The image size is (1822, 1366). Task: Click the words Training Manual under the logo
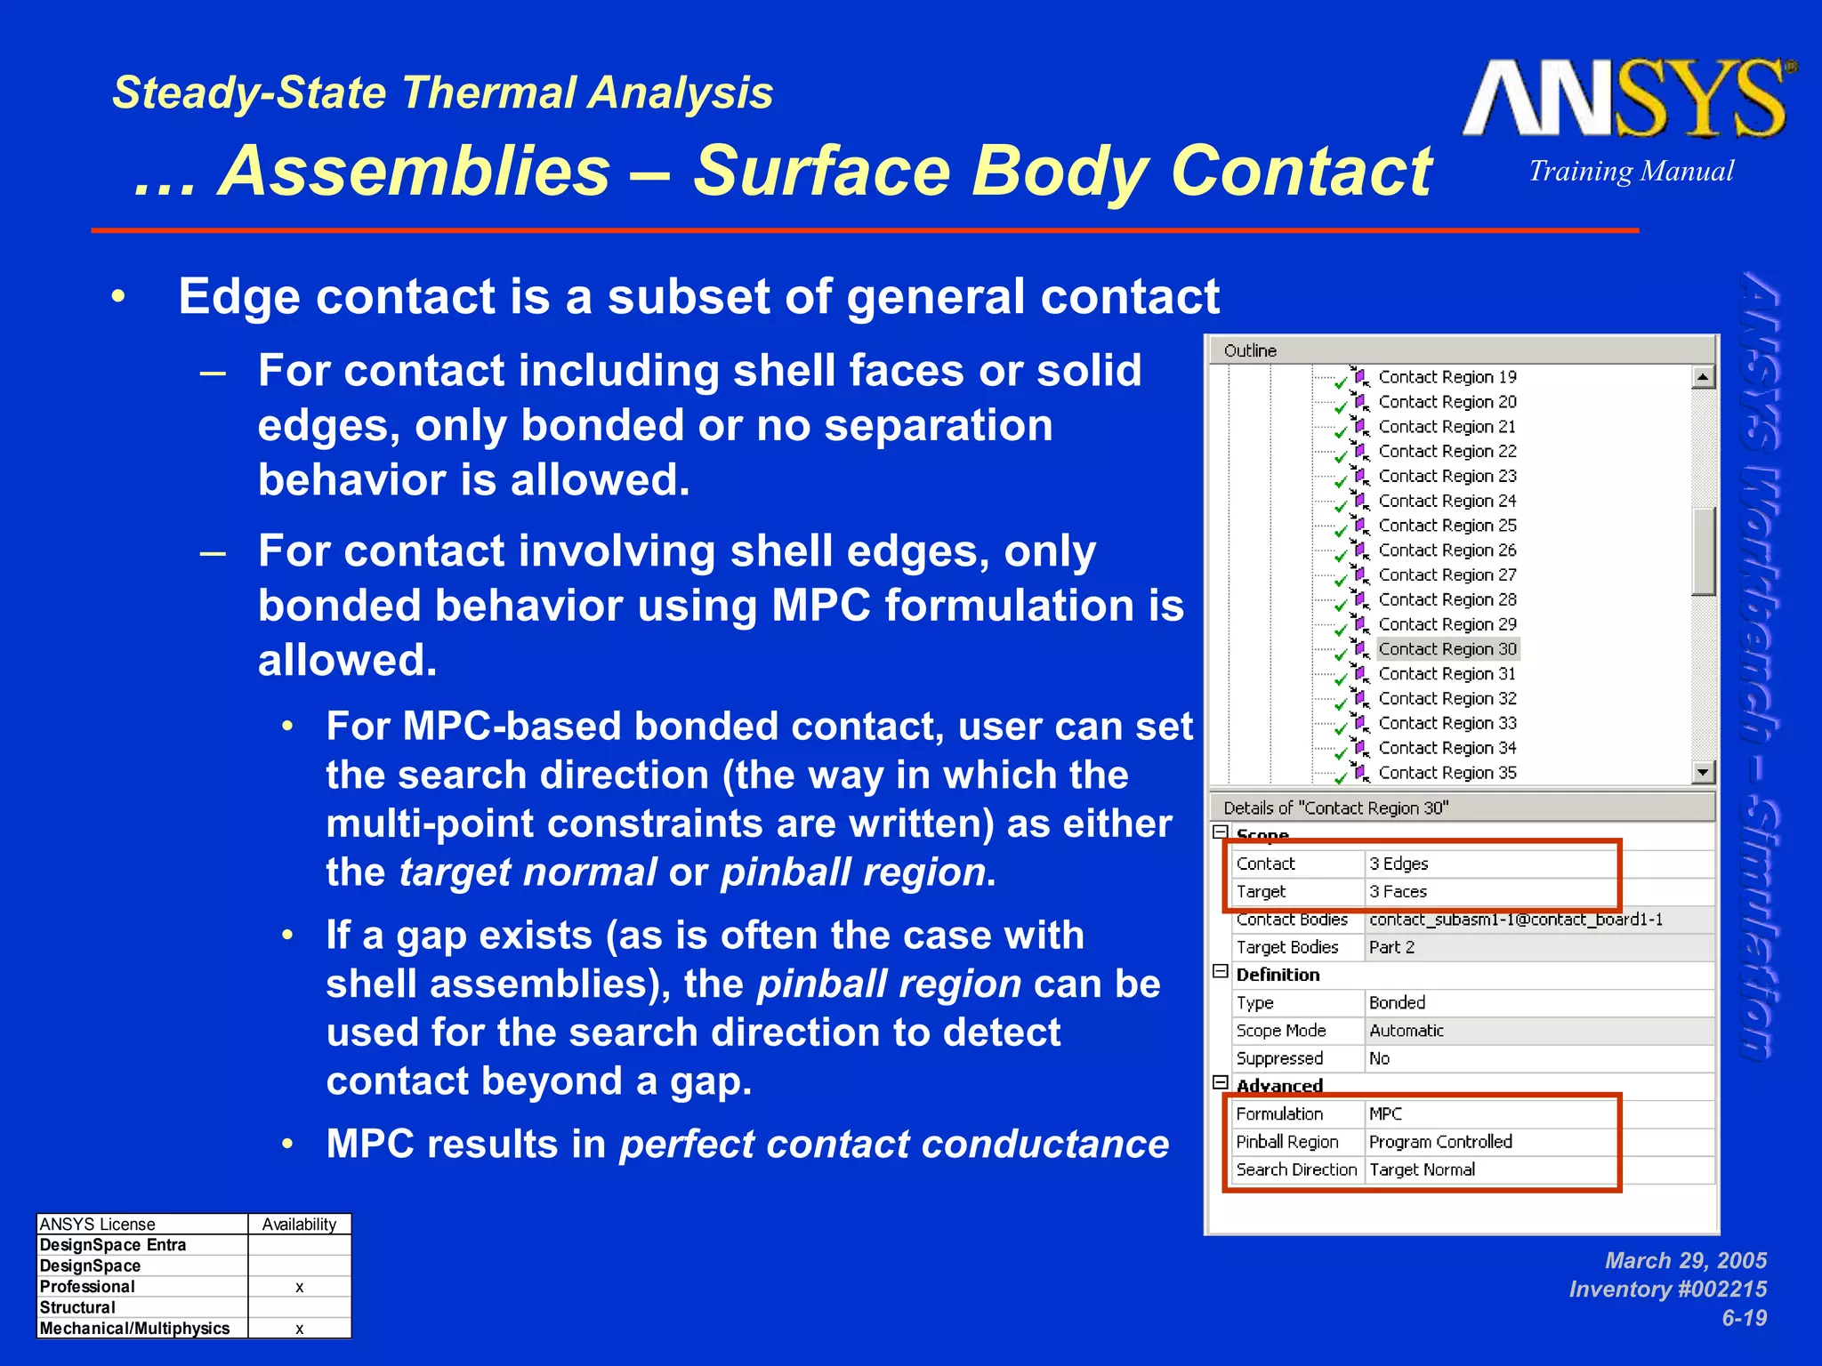point(1631,171)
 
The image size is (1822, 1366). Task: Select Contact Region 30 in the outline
point(1447,649)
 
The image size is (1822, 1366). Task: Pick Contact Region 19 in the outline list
point(1447,377)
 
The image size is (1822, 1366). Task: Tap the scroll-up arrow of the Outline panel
point(1703,377)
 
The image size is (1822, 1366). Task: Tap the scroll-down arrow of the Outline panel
point(1703,772)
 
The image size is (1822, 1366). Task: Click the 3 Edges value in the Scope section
point(1399,864)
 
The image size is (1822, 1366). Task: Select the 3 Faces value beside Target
point(1398,891)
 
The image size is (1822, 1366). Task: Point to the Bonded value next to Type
point(1397,1002)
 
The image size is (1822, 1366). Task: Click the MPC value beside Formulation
point(1385,1113)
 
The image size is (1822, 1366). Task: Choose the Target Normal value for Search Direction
point(1422,1169)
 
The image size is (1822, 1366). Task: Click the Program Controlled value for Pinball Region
point(1440,1142)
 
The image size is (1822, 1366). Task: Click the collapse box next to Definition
point(1221,972)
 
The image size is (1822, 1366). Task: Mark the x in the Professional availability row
point(300,1287)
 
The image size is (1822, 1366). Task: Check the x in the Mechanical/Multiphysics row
point(300,1329)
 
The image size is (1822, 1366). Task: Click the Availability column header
point(299,1225)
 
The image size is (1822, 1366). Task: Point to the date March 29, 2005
point(1685,1260)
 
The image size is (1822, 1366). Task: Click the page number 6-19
point(1744,1318)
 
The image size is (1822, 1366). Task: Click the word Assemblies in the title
point(415,171)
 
